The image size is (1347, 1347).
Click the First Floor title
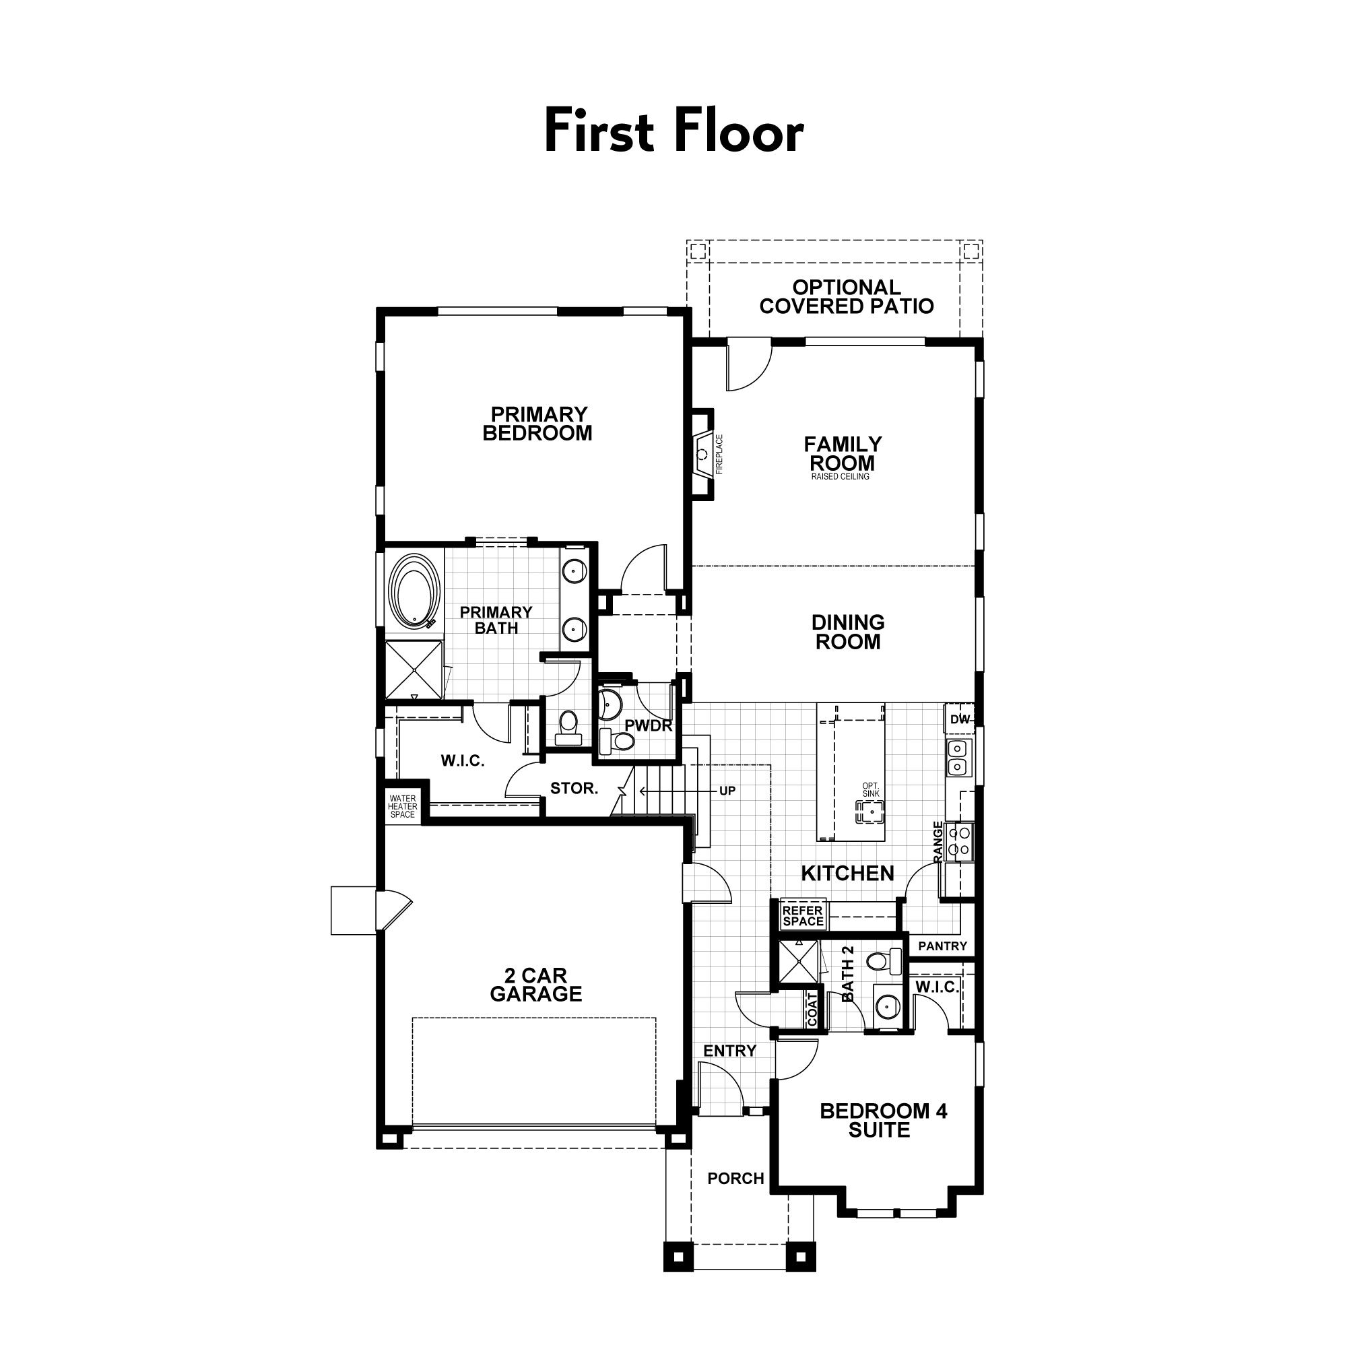click(673, 131)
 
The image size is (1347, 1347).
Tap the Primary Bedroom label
click(537, 424)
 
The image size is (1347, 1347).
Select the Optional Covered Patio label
click(847, 297)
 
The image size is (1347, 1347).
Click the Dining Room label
click(848, 632)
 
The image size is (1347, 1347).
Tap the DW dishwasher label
click(960, 719)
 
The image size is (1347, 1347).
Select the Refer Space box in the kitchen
click(803, 915)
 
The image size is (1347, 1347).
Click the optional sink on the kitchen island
click(871, 812)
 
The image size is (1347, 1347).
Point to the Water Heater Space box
click(402, 807)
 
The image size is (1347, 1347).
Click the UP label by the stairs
click(727, 791)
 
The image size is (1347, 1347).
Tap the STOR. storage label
click(574, 789)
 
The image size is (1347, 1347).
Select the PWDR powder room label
click(649, 726)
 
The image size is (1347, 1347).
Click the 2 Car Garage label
click(535, 985)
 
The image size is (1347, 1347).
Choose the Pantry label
click(943, 946)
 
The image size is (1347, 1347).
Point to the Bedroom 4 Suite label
click(884, 1121)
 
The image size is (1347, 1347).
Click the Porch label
click(735, 1178)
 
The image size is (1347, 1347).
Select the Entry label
click(729, 1051)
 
